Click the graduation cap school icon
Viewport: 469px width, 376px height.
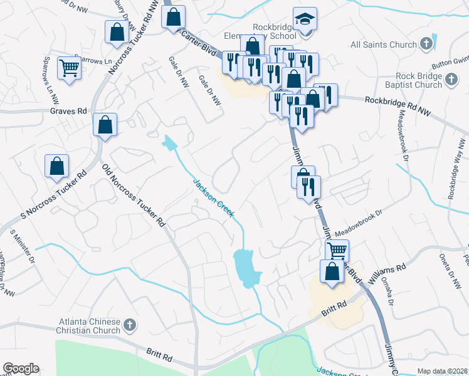coord(305,19)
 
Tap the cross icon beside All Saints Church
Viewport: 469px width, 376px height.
coord(426,44)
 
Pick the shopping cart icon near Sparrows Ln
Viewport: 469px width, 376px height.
coord(69,68)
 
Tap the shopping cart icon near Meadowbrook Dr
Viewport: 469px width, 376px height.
coord(337,251)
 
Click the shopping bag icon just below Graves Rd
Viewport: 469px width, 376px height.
coord(105,124)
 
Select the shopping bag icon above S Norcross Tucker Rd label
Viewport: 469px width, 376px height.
coord(56,166)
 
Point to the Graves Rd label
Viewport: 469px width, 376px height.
coord(68,111)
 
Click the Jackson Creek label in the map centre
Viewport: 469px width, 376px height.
coord(213,198)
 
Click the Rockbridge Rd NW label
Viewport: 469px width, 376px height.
coord(398,100)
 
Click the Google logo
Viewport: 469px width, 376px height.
coord(21,368)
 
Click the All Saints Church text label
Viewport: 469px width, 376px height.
coord(384,44)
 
